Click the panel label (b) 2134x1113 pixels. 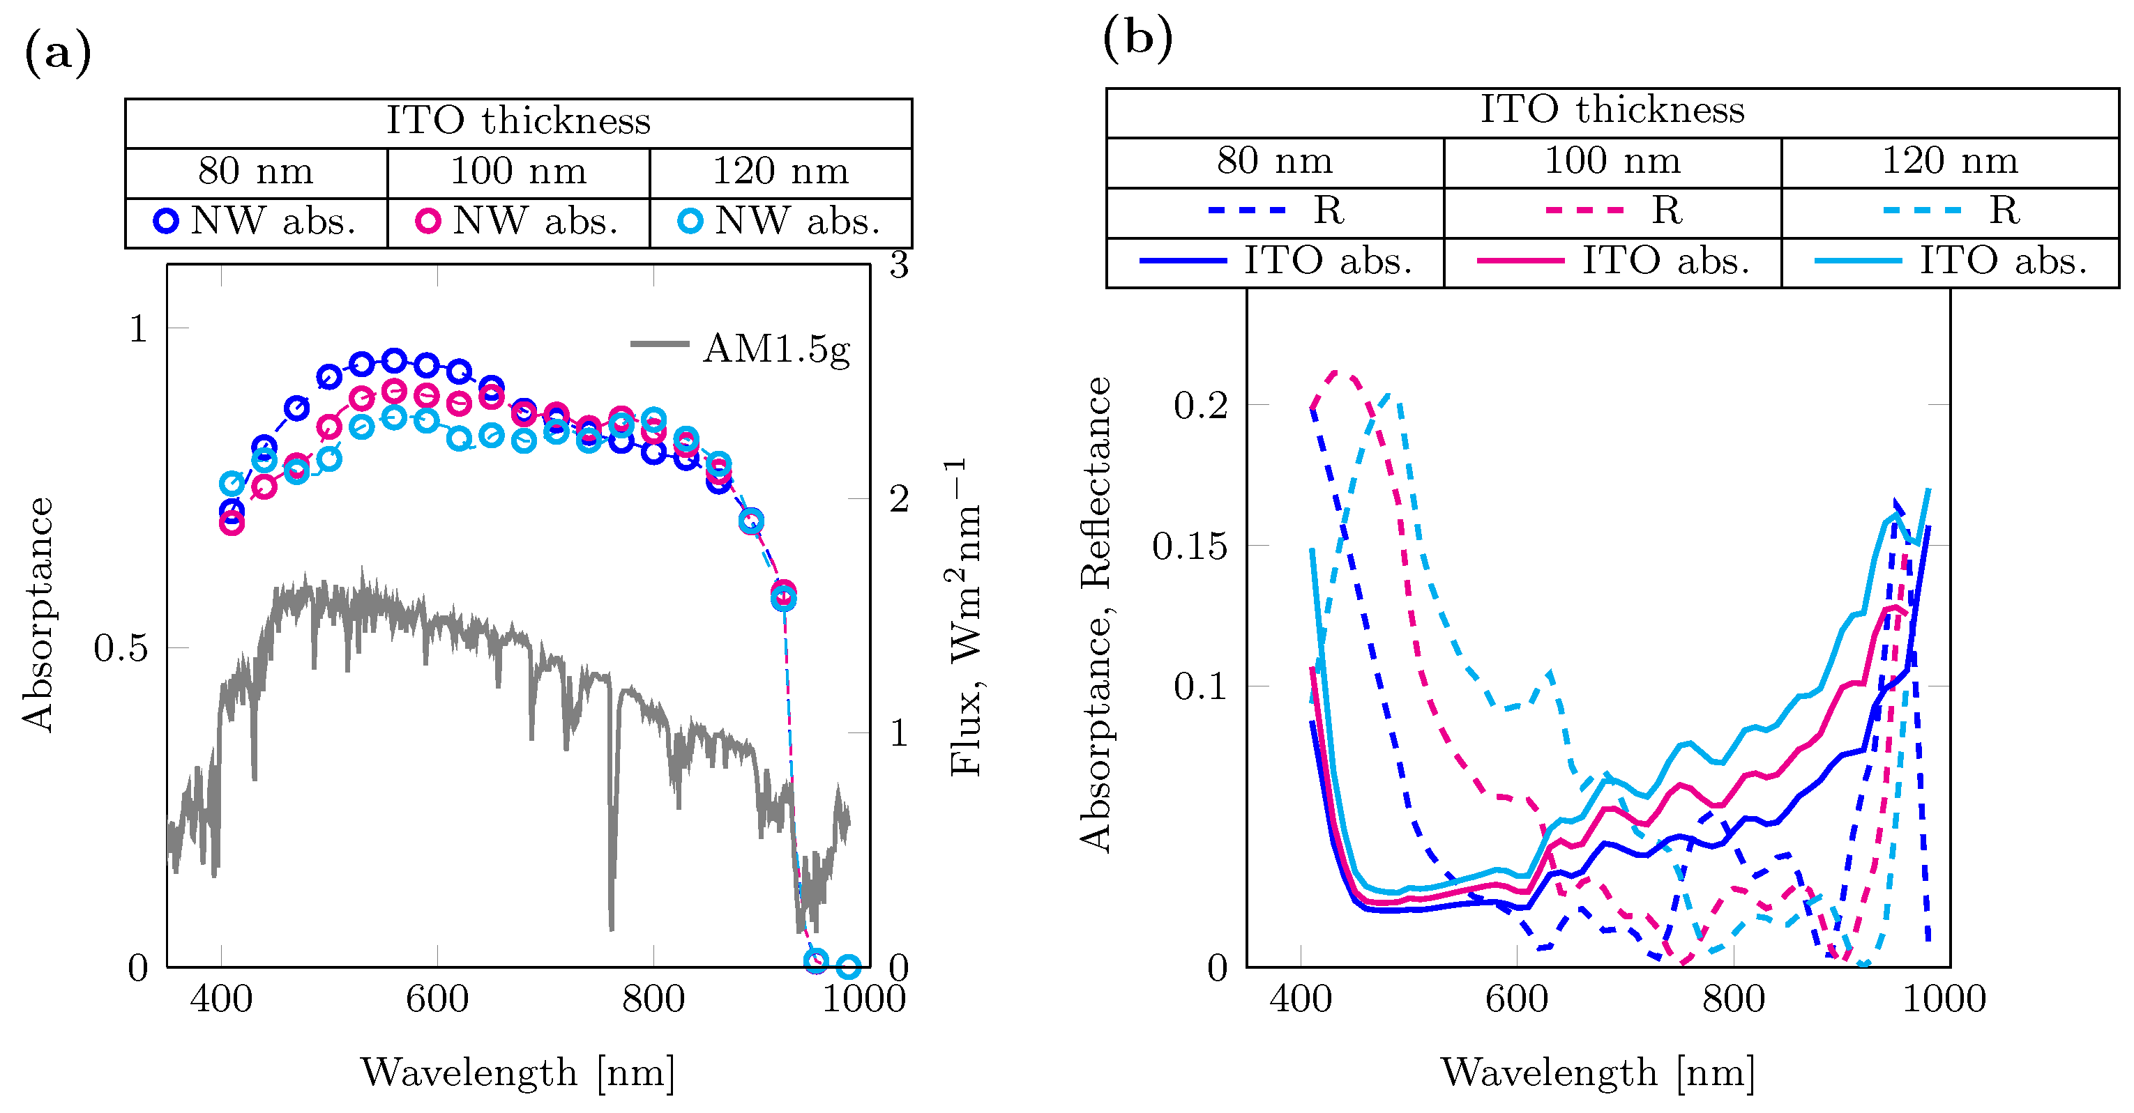(1137, 39)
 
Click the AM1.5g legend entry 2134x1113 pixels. (741, 348)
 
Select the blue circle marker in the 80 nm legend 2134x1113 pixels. (166, 220)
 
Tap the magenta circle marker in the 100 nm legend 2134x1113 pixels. (427, 220)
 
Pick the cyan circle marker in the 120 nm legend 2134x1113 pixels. (690, 220)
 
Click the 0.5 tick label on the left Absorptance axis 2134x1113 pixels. (121, 648)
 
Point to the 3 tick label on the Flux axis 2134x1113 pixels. (899, 266)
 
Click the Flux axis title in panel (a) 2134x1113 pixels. (964, 617)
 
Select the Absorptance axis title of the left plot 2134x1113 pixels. (37, 615)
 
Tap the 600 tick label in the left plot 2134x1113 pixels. (437, 999)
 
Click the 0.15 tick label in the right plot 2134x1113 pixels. (1190, 546)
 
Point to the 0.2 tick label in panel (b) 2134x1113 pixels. (1200, 406)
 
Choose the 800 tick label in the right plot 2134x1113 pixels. (1733, 999)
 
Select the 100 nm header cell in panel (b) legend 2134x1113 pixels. (1612, 161)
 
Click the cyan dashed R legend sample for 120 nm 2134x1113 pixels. (1922, 210)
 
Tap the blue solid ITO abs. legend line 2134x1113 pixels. (1182, 261)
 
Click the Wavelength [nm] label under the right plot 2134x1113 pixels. (1597, 1073)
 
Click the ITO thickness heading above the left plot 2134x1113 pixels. (519, 121)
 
